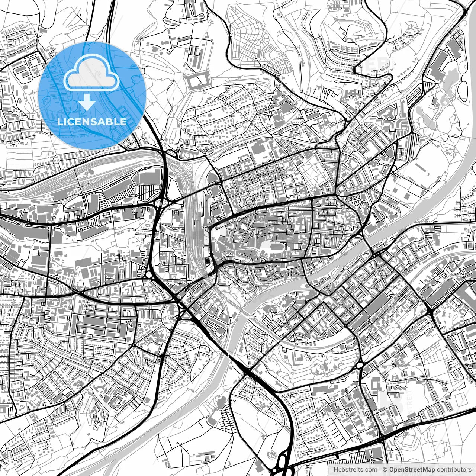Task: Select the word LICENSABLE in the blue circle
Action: (x=91, y=122)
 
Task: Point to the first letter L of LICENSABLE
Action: (x=59, y=122)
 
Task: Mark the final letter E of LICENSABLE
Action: (x=123, y=122)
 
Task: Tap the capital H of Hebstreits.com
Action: (x=336, y=469)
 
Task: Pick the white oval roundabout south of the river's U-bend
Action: (x=359, y=366)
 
